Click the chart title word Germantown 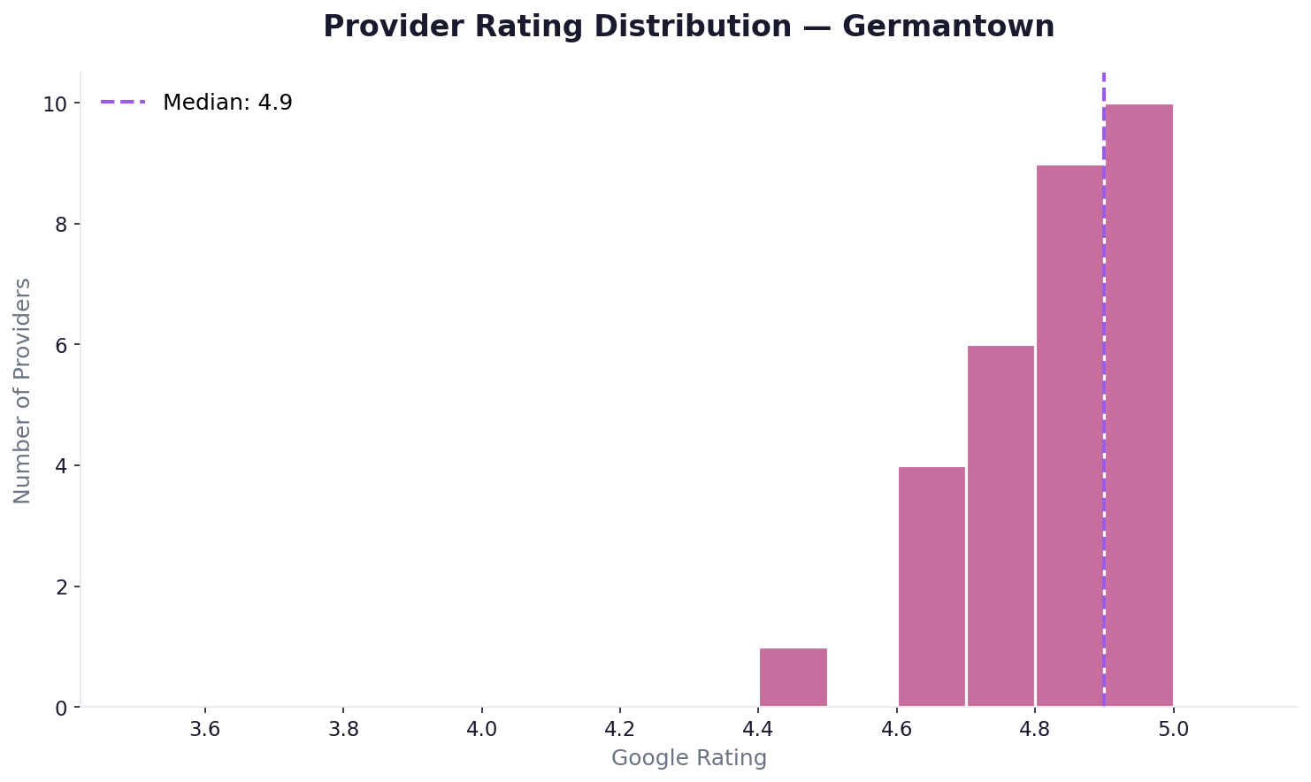948,27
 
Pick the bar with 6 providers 1000,526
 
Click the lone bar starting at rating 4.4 793,678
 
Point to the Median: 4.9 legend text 227,103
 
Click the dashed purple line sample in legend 123,103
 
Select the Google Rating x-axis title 689,758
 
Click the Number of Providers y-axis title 23,390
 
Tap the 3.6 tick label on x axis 204,731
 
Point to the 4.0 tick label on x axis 481,731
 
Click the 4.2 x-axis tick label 620,731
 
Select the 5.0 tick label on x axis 1173,731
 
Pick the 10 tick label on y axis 56,103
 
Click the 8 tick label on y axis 62,225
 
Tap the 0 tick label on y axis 62,708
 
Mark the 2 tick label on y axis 62,587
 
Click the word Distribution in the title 693,27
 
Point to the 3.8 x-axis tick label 343,731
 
